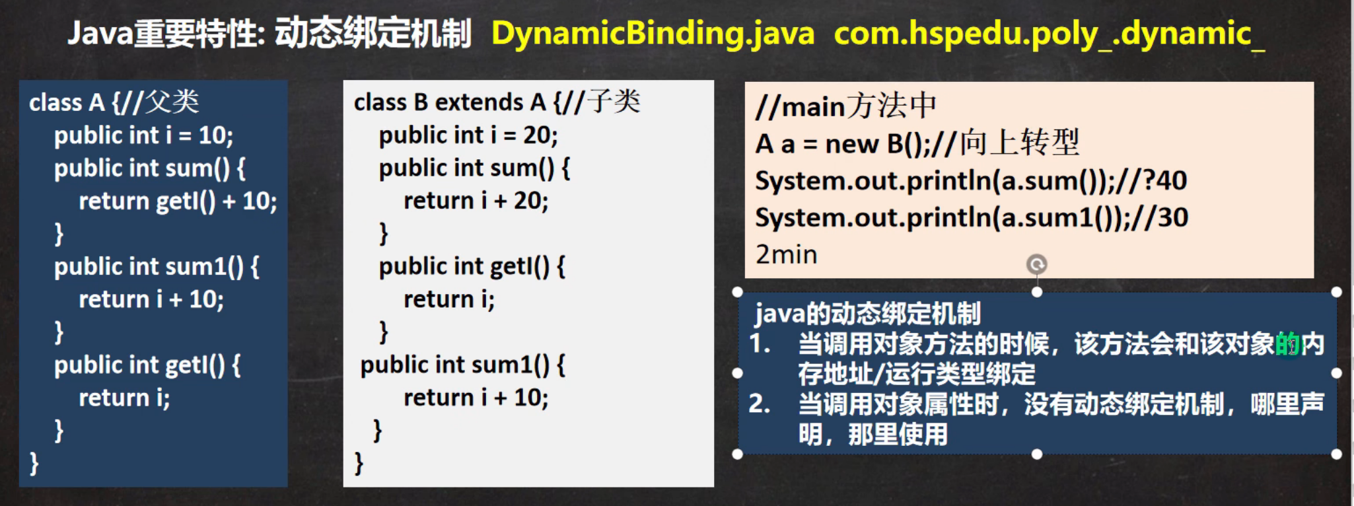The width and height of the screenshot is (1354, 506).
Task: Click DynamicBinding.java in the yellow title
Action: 653,34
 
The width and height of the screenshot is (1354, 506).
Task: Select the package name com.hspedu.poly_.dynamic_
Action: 1050,34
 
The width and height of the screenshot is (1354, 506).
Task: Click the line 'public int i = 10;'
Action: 143,135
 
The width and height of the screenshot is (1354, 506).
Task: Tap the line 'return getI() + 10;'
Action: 178,201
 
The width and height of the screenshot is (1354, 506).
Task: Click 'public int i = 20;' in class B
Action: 468,135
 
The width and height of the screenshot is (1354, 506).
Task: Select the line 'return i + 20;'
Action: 476,201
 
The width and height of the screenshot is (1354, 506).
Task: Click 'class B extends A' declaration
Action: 450,102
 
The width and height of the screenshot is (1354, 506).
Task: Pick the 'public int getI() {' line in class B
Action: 472,267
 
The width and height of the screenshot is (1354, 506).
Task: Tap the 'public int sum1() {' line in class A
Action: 157,267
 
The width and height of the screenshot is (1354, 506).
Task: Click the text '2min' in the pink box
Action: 786,254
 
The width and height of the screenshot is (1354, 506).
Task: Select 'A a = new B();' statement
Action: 842,144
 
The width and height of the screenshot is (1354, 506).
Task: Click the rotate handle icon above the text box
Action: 1036,264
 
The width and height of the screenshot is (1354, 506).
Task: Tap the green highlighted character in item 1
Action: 1287,344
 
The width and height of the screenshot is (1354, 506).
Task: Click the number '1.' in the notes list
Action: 760,343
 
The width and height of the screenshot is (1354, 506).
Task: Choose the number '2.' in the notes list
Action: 760,404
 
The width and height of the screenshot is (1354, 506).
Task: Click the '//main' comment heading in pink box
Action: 800,106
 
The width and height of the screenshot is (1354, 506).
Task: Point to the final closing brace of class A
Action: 34,463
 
